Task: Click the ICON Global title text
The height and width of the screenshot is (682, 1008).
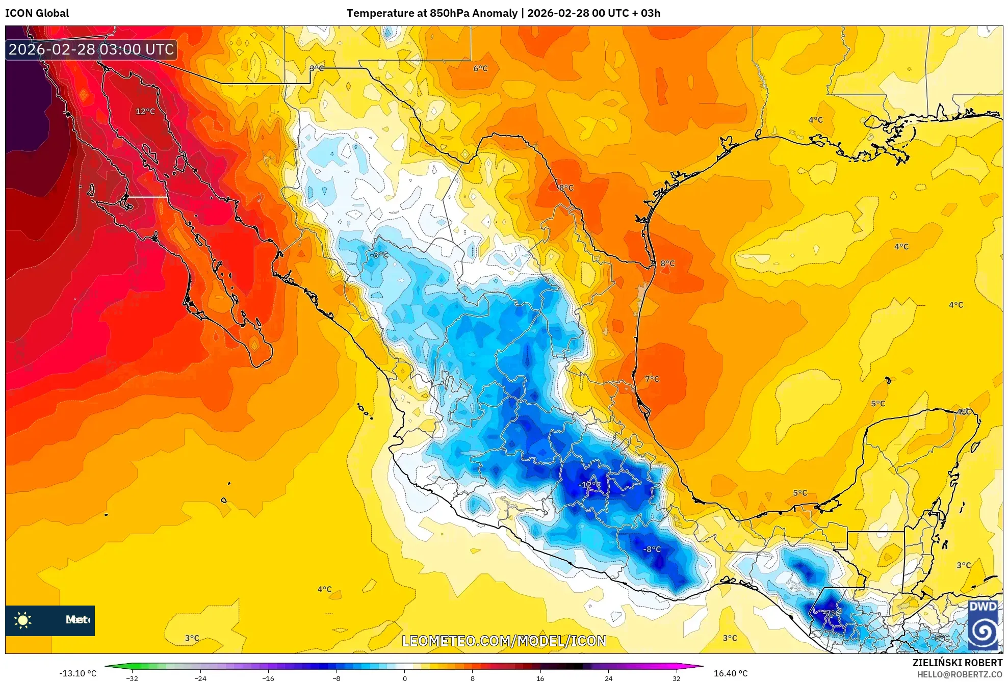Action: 37,13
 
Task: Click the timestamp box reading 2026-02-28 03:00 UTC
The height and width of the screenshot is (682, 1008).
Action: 91,49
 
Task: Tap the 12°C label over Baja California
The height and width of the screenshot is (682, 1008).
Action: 145,112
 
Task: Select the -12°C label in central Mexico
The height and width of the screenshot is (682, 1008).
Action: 590,485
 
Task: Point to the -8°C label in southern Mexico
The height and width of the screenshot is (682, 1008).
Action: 652,549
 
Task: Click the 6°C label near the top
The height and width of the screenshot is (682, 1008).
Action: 480,69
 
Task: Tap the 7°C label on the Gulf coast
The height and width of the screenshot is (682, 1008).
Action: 652,379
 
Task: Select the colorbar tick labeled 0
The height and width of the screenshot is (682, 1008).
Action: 405,678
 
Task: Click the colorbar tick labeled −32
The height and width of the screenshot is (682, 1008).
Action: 132,678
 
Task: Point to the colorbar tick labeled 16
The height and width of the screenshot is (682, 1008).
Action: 540,678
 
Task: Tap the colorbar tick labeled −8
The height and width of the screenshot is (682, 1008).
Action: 337,678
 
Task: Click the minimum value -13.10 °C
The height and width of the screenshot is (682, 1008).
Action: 77,673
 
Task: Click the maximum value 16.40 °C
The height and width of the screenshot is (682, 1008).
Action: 731,673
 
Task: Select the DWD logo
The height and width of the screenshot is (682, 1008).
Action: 983,625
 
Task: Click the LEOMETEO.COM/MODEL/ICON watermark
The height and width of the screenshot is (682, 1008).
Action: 504,641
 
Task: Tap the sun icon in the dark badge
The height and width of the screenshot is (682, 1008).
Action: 23,620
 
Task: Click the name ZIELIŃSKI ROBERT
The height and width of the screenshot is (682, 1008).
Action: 958,663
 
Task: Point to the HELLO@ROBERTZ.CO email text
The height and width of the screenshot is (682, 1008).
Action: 960,674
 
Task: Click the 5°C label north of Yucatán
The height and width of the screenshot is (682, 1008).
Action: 878,404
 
